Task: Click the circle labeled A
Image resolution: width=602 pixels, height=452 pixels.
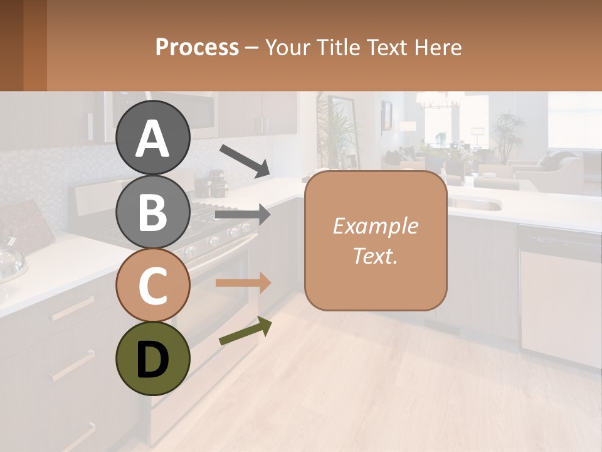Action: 152,137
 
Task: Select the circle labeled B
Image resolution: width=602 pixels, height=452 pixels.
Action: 152,212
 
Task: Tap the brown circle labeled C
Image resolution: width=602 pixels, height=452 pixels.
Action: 152,286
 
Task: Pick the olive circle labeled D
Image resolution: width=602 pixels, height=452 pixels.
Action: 152,358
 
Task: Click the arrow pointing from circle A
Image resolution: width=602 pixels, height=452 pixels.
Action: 245,160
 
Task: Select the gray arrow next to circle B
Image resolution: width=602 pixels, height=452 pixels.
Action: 243,215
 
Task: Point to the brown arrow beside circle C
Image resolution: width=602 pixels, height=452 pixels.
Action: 243,283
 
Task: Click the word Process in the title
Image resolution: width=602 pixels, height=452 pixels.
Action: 197,47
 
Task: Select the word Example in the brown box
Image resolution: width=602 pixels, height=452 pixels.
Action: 375,226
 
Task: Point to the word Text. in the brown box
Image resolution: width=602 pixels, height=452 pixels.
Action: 375,256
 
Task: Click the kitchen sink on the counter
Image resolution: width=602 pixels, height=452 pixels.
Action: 477,204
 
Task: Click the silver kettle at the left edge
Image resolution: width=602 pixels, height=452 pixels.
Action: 9,257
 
